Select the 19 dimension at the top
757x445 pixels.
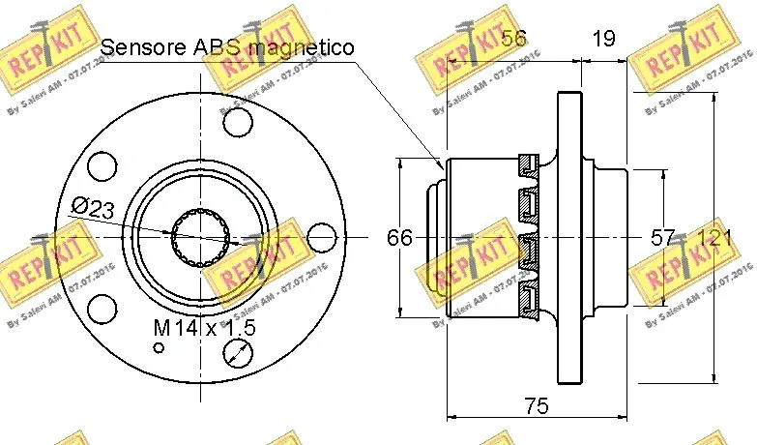(x=603, y=40)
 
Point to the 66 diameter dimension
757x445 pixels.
(x=399, y=237)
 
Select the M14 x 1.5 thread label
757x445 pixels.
(x=204, y=328)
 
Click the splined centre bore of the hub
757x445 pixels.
(x=196, y=237)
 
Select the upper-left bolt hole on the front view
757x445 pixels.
(x=102, y=166)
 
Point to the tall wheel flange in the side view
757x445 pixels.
(x=570, y=237)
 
